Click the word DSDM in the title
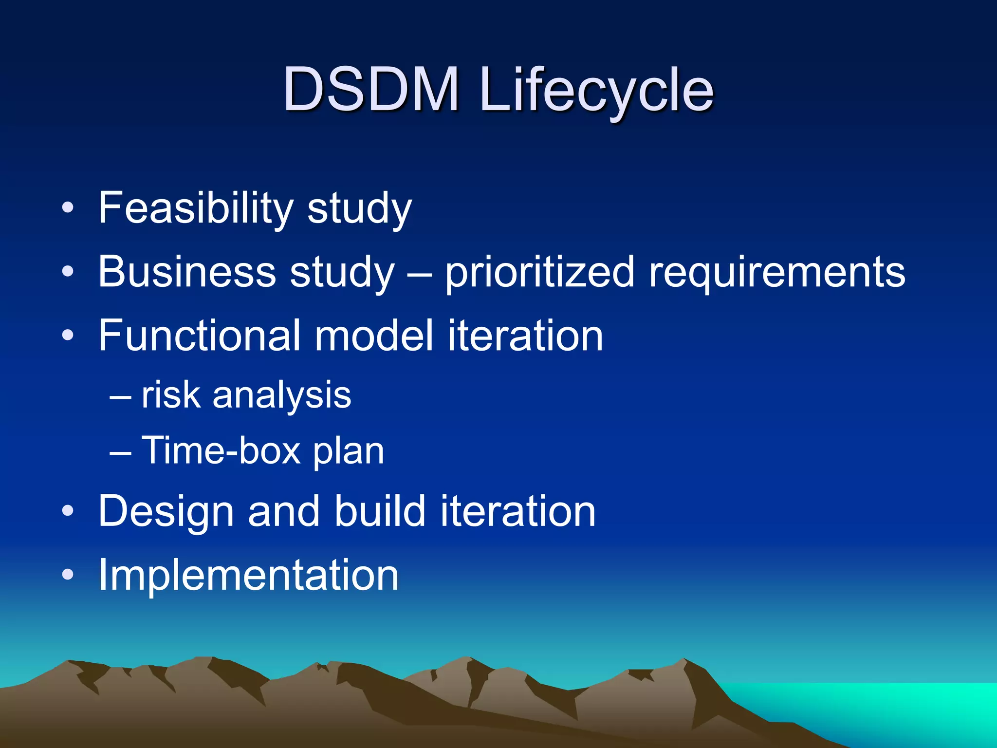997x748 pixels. [371, 89]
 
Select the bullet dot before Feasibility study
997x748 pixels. [68, 208]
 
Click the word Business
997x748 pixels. [187, 272]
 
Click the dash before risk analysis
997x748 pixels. [120, 396]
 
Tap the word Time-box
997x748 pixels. [221, 450]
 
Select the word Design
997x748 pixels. [166, 511]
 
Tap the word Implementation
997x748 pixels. [248, 575]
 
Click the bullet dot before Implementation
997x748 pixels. [68, 575]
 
